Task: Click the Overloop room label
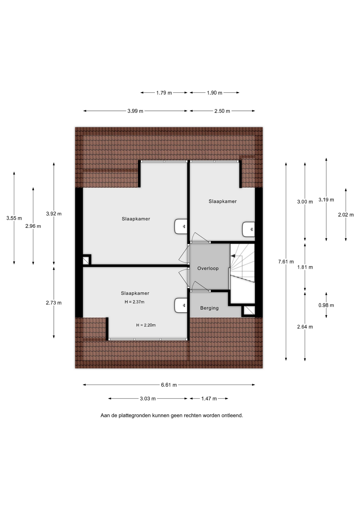208,268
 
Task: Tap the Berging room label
209,308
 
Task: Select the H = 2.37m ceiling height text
134,302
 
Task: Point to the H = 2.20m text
146,325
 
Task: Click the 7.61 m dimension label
286,262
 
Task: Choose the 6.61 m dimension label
169,385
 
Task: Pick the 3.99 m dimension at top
135,111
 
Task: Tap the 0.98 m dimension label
326,305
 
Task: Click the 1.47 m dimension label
209,398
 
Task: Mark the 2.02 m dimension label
346,215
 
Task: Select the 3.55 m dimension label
14,218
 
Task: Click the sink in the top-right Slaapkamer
249,229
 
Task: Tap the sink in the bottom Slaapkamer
181,305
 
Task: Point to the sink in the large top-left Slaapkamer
181,227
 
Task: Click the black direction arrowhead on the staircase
233,256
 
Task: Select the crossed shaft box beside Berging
249,310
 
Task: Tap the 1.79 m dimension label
164,93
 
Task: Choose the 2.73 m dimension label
54,303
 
